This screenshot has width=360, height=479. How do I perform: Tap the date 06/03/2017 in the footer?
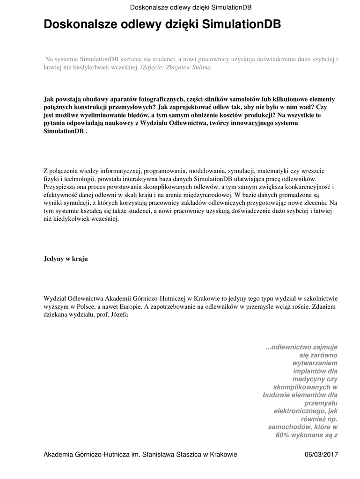[321, 454]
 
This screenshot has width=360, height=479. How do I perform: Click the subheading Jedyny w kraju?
[66, 258]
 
